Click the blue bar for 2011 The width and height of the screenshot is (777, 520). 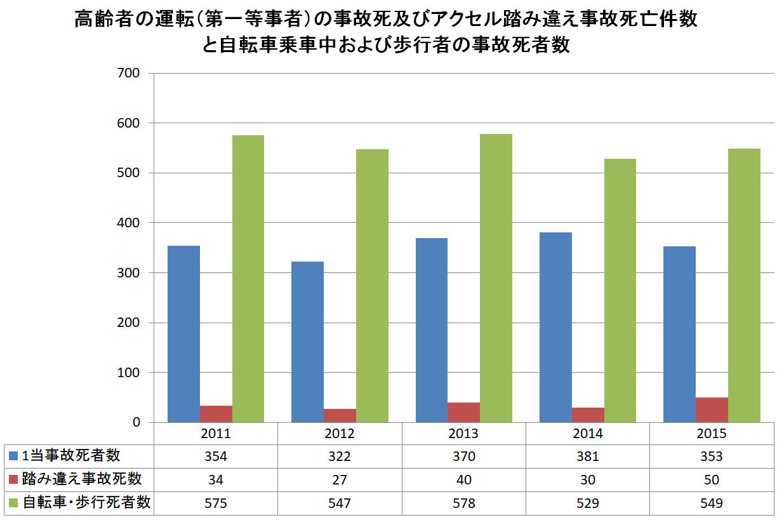pos(183,334)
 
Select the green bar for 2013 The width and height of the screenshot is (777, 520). pos(496,278)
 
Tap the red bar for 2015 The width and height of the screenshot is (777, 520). pos(712,410)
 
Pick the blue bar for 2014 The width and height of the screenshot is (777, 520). pos(555,328)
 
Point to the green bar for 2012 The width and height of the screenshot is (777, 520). pos(372,286)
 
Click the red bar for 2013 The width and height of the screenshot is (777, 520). pos(463,413)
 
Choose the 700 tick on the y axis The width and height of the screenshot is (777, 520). pos(128,73)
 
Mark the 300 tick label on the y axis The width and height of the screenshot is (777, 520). pos(128,273)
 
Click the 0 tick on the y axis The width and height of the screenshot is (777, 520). pos(135,423)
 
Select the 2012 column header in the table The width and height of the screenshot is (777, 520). pos(340,435)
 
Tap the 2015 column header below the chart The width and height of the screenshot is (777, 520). pos(712,435)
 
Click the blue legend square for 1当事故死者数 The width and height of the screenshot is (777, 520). pos(14,456)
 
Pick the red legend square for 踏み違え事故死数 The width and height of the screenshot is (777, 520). pos(14,479)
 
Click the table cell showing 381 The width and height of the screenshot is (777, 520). pos(588,457)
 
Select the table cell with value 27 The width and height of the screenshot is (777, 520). pos(340,480)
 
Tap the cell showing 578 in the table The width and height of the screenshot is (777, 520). pos(463,503)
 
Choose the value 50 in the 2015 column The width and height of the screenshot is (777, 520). pos(712,480)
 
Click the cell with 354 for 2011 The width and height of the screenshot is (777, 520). pos(216,457)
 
